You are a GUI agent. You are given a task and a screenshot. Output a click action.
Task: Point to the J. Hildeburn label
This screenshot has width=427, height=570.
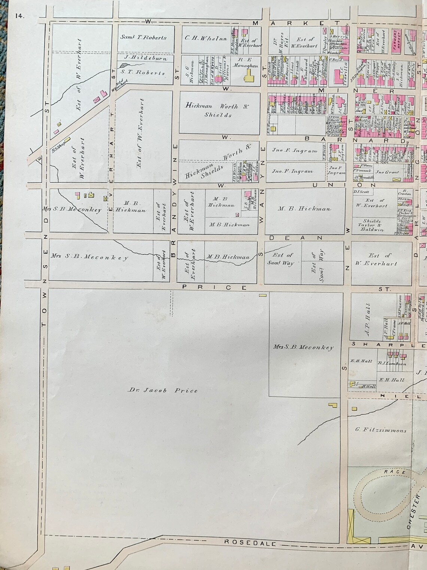click(x=144, y=58)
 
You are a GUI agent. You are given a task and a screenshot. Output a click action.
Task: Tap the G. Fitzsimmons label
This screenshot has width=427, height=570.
click(x=380, y=430)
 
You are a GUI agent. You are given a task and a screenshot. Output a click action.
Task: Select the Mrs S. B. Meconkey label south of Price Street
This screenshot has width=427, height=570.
click(x=303, y=347)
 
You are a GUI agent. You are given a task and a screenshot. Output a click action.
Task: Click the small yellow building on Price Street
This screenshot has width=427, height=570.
click(x=263, y=295)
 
